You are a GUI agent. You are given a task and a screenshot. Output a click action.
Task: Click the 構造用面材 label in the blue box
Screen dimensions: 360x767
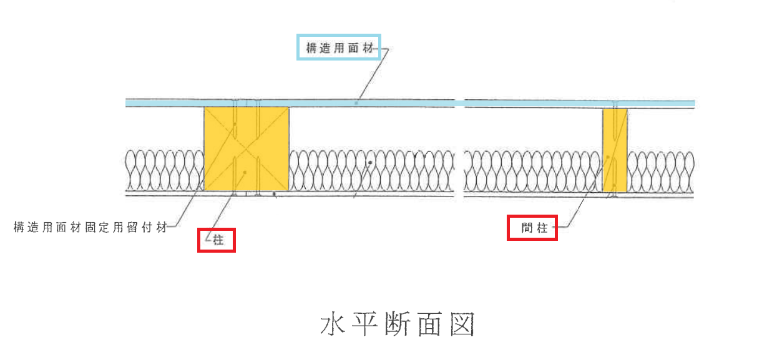click(x=338, y=47)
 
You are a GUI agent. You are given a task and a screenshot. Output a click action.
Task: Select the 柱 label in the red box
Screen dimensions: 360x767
click(x=217, y=240)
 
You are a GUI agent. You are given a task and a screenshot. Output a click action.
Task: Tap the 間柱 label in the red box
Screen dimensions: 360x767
click(x=532, y=228)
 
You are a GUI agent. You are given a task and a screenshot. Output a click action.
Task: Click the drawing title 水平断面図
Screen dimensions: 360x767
click(x=398, y=325)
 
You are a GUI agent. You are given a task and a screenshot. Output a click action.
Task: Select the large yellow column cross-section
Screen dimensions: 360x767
click(x=247, y=148)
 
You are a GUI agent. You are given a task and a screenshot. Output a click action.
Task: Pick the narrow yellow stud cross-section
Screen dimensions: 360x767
click(x=615, y=150)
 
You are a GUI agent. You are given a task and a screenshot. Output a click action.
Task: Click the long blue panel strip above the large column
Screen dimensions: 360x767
click(x=290, y=102)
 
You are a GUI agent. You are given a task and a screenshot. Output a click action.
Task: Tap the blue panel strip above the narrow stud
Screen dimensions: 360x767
click(x=580, y=103)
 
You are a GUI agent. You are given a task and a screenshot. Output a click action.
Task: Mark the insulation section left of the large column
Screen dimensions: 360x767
click(x=165, y=169)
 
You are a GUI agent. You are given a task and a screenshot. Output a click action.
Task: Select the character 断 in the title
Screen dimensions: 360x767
click(x=398, y=325)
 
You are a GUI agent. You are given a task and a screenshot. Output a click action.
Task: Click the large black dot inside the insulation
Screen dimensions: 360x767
click(x=370, y=163)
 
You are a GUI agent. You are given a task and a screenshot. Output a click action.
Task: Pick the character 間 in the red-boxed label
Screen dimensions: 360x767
click(x=526, y=228)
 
